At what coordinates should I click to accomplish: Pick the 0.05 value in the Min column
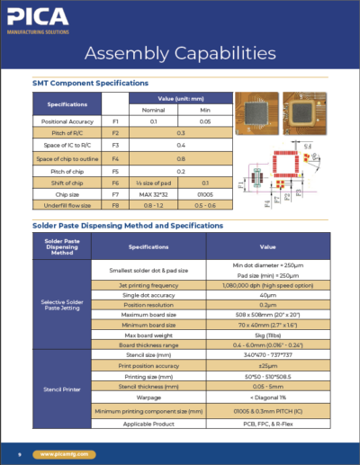click(205, 120)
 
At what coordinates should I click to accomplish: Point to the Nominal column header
click(154, 108)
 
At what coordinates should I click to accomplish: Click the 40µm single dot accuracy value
click(267, 294)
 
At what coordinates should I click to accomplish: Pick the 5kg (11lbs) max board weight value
click(267, 334)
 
